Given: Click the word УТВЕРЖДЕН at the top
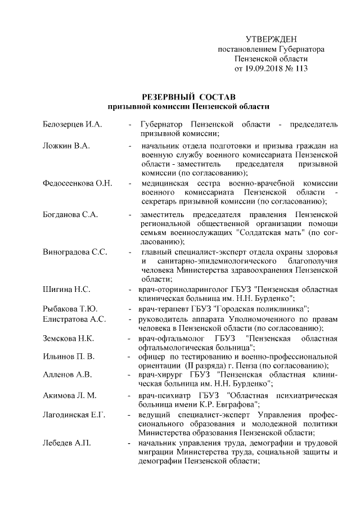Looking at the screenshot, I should pos(271,39).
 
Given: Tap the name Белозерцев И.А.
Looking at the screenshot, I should pos(72,123).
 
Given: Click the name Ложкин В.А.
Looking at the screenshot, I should pos(66,146).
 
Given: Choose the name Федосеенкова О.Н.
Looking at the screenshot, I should pos(78,183).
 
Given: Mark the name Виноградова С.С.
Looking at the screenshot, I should pos(75,251).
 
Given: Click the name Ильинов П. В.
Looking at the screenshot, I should pos(69,357).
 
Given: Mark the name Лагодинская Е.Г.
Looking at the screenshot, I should pos(74,415).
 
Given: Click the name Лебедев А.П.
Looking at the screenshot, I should pos(66,443).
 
